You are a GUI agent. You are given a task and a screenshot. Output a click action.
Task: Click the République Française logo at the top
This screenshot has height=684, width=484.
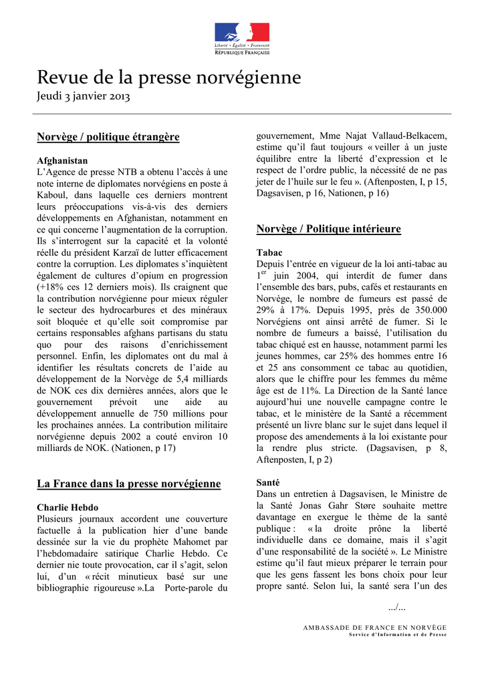click(x=242, y=38)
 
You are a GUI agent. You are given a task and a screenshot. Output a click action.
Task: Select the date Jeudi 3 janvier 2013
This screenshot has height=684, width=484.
click(x=83, y=97)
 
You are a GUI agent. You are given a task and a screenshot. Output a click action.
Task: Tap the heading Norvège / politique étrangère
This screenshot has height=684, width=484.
click(x=108, y=137)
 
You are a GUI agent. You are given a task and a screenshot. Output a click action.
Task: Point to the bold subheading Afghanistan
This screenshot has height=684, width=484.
click(x=62, y=161)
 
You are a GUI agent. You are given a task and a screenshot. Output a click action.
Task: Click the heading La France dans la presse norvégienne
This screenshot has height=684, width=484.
click(x=128, y=483)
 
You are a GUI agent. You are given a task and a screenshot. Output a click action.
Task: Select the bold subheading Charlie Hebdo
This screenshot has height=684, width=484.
click(x=68, y=508)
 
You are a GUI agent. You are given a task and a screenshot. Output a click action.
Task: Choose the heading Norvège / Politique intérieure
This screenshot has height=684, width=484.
click(x=328, y=229)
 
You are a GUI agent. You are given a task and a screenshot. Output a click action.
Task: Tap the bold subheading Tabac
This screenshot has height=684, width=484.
click(x=269, y=252)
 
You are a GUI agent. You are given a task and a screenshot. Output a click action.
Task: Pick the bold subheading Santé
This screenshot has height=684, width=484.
click(x=268, y=482)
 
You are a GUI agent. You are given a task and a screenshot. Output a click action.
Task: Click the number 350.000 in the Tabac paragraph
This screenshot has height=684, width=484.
click(x=425, y=310)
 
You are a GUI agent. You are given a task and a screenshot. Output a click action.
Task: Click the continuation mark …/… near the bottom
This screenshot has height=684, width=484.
click(x=396, y=607)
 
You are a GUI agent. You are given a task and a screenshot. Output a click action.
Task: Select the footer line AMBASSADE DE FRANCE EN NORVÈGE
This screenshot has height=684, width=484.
click(x=375, y=628)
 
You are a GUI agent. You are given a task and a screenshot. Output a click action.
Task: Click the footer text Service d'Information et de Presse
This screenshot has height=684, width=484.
click(x=398, y=635)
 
